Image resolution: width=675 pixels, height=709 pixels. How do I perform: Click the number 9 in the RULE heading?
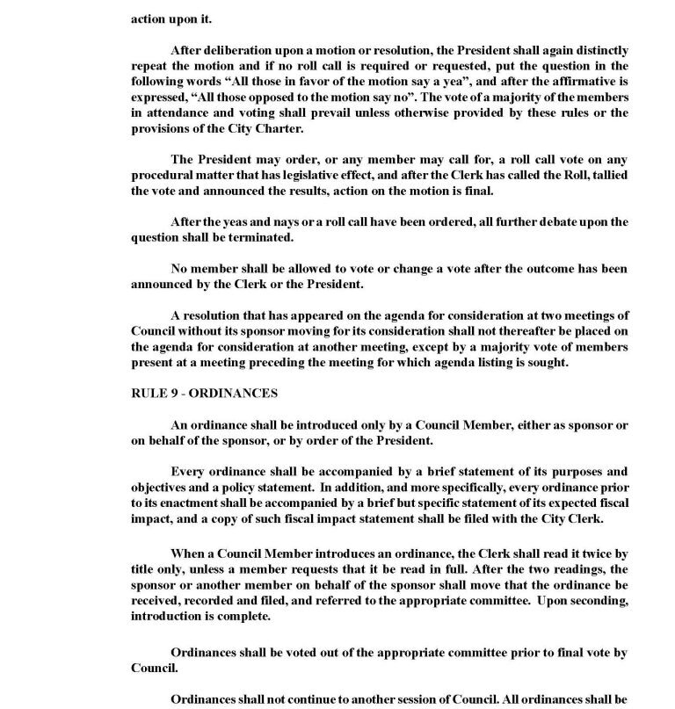point(170,394)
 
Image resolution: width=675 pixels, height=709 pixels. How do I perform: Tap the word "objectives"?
point(164,488)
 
